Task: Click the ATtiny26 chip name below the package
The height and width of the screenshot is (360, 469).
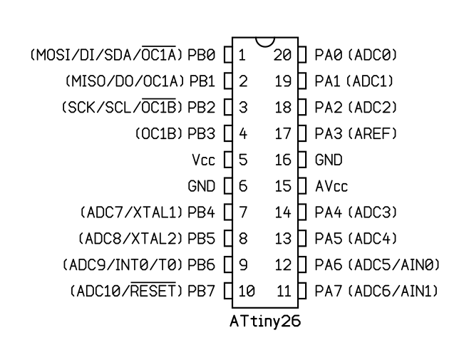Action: coord(265,322)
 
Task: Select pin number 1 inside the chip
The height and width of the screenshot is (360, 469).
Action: coord(242,55)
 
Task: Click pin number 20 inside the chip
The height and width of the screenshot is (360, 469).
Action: coord(282,55)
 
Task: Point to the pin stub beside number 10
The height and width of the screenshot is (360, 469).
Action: coord(228,291)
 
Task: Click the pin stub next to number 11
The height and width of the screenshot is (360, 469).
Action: coord(302,291)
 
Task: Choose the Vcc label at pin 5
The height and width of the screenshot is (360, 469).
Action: coord(203,160)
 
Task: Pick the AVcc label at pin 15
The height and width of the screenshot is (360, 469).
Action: coord(331,186)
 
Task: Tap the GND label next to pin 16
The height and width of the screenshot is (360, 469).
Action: coord(329,160)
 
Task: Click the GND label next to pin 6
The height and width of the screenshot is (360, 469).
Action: coord(201,186)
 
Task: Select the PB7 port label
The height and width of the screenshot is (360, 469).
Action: coord(201,291)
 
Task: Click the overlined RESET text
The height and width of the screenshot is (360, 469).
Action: coord(153,289)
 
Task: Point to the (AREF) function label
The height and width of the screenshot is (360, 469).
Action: coord(373,134)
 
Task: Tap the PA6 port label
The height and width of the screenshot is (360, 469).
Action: coord(329,265)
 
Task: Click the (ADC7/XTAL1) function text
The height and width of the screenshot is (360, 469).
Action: coord(131,212)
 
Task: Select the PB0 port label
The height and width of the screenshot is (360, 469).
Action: coord(201,55)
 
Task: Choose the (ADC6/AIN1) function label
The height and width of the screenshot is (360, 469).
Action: coord(393,291)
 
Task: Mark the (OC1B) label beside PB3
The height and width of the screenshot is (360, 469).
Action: coord(159,134)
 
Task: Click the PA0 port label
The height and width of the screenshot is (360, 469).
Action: coord(329,55)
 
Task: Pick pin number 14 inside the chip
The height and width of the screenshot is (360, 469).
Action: coord(283,212)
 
